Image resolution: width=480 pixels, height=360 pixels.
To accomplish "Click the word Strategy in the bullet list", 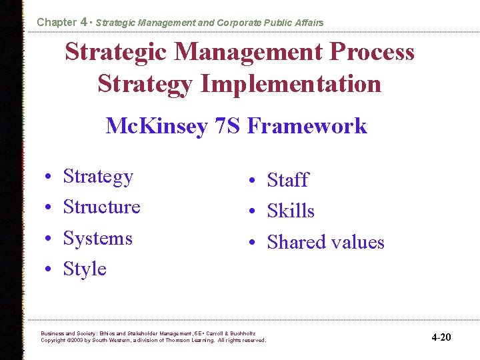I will (98, 177).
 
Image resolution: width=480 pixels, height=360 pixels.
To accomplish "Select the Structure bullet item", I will (101, 207).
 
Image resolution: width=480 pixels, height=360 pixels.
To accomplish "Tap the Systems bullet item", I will (97, 238).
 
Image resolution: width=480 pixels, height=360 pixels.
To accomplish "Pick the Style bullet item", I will (85, 269).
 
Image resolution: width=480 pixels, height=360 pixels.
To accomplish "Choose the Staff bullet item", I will (287, 180).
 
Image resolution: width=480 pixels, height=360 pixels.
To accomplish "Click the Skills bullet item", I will (291, 211).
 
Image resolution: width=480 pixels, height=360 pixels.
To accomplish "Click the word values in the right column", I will (358, 242).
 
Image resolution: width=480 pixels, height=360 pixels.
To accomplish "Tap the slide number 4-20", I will (441, 337).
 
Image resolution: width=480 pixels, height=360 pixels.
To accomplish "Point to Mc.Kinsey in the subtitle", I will (156, 125).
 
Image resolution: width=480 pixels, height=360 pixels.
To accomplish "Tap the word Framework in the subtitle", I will (307, 125).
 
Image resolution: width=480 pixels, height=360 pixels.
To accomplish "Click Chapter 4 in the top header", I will (62, 22).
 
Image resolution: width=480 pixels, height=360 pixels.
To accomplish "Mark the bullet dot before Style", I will (50, 270).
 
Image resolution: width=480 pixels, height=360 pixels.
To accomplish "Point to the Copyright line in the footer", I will (153, 340).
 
